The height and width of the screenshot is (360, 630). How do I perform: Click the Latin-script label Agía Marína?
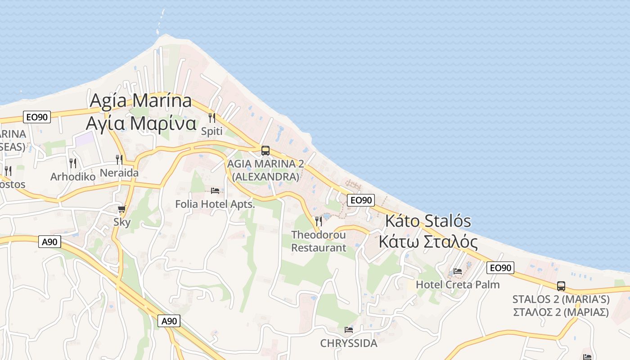[141, 100]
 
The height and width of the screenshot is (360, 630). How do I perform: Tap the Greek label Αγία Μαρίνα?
[141, 122]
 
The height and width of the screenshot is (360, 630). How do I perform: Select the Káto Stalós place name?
[428, 221]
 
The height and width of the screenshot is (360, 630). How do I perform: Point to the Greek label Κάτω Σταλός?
[428, 242]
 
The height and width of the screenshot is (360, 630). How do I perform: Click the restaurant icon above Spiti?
[211, 118]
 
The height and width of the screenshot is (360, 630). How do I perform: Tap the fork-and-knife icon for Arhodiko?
[73, 163]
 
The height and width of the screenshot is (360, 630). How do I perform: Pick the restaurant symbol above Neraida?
[119, 159]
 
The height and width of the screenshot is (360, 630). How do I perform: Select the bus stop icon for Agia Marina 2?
[265, 150]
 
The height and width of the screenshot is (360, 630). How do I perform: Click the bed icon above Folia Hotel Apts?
[215, 191]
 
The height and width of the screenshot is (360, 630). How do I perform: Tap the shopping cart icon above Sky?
[121, 209]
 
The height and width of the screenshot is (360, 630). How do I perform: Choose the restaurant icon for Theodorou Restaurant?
[319, 221]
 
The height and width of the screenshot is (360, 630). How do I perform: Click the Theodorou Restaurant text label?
[319, 241]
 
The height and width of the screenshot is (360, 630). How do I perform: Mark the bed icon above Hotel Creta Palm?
[458, 271]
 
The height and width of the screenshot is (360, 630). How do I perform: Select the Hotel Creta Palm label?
[458, 284]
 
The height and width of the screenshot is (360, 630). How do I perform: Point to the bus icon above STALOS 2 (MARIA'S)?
[561, 286]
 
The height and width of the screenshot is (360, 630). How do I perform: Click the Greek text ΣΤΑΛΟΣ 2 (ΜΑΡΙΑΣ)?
[561, 312]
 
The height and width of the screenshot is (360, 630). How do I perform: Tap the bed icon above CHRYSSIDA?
[349, 329]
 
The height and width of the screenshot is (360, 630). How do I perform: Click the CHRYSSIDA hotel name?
[349, 343]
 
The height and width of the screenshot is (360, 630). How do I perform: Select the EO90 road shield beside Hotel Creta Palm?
[500, 268]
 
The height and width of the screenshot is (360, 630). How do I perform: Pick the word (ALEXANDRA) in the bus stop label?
[265, 177]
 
